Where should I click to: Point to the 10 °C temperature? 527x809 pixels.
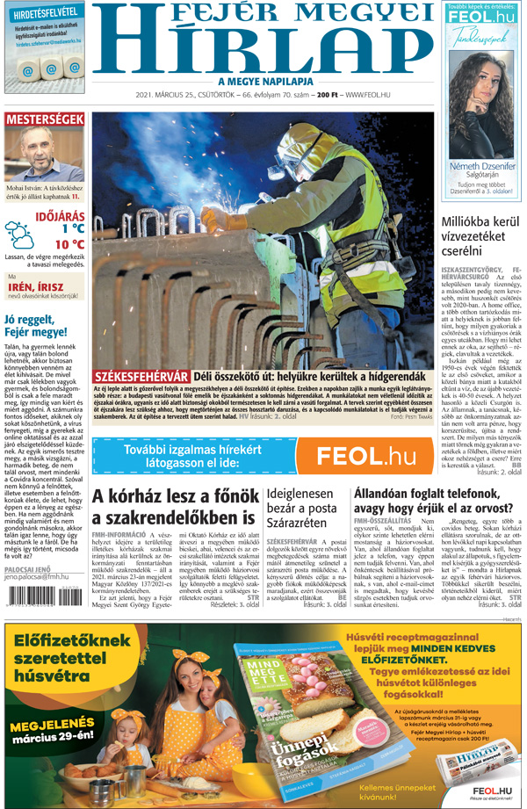pyautogui.click(x=69, y=244)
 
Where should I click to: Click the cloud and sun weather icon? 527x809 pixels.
pyautogui.click(x=19, y=235)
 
